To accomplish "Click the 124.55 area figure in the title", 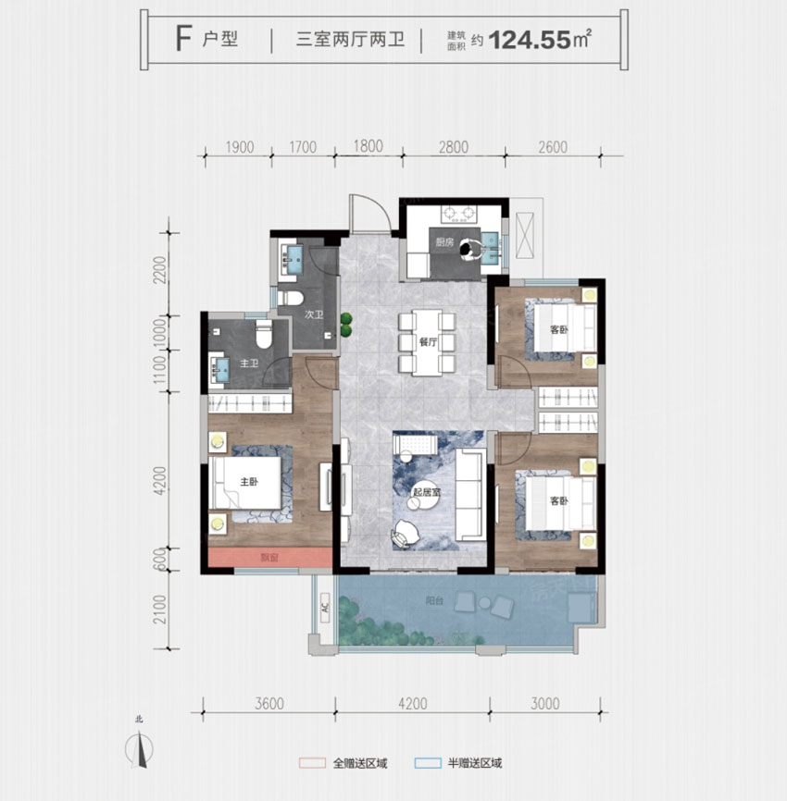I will (530, 41).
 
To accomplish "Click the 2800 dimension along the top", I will (454, 147).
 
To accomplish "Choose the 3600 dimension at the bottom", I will (268, 704).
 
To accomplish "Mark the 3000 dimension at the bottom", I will (546, 704).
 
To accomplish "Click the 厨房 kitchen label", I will (444, 243).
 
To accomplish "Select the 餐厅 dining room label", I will (427, 341).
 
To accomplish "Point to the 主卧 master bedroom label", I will (249, 482).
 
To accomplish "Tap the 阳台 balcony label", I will (459, 599).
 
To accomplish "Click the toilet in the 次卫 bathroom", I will (292, 298).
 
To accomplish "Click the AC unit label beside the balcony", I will (324, 610).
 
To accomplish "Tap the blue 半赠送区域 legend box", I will (428, 764).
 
